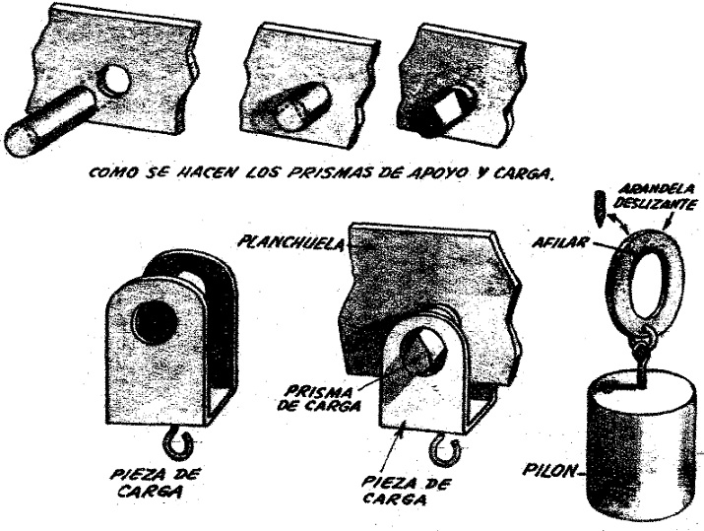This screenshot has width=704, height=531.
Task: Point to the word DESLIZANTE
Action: click(655, 204)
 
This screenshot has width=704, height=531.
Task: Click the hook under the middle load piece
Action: click(445, 450)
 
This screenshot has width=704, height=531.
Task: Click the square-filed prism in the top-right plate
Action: click(449, 107)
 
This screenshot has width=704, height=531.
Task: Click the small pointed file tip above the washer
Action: click(601, 208)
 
